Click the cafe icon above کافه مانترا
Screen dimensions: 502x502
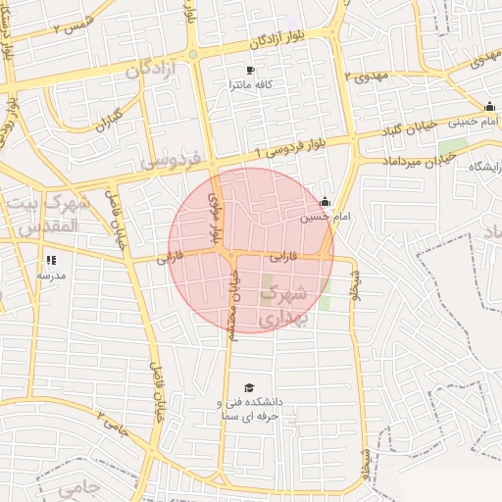coord(250,71)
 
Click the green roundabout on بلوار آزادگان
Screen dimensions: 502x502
coord(194,54)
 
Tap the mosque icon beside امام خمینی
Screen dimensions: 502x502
coord(489,107)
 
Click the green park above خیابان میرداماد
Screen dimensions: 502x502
coord(452,146)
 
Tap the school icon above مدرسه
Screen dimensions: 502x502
coord(51,261)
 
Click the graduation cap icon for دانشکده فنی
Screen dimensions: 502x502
coord(248,388)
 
